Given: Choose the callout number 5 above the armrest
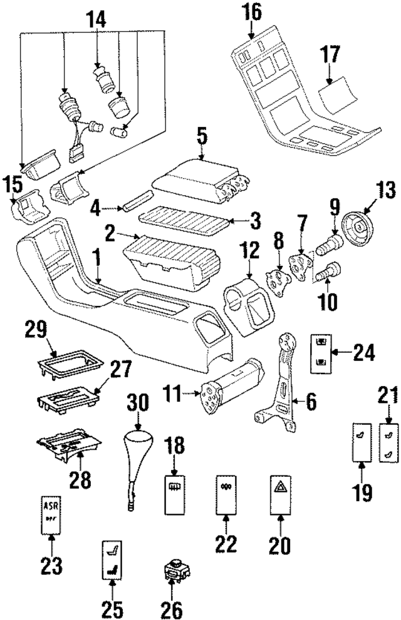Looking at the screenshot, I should tap(200, 134).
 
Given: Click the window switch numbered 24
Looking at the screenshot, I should tap(323, 352).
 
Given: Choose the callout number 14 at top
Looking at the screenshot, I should tap(96, 18).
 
